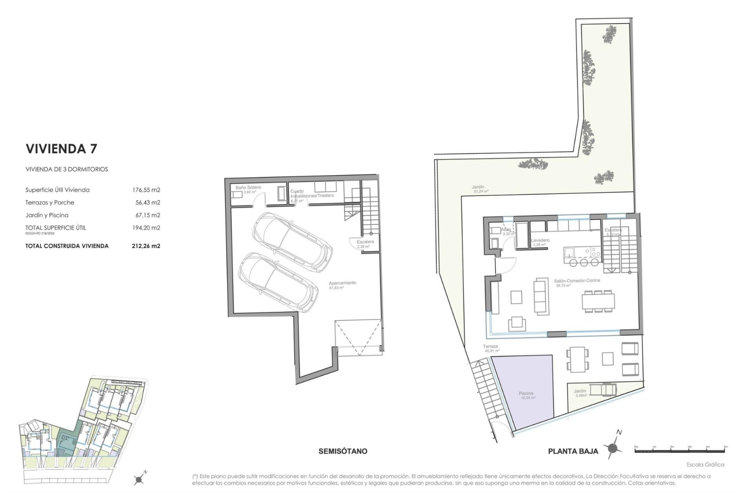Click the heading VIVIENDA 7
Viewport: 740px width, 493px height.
[x=61, y=149]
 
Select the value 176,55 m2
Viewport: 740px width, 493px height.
[x=146, y=190]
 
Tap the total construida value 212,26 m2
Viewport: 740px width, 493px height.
[x=146, y=246]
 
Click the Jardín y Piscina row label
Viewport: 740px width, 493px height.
[x=47, y=215]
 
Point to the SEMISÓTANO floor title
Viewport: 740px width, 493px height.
[x=343, y=451]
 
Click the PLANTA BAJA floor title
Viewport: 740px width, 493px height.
[x=573, y=451]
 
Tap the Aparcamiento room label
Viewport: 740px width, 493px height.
[x=342, y=283]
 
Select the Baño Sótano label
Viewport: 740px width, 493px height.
[x=248, y=188]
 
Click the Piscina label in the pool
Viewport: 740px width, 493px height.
[x=526, y=394]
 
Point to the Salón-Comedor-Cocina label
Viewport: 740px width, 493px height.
[x=577, y=281]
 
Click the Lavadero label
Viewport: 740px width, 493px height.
[x=540, y=240]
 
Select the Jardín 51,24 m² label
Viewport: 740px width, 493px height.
[x=478, y=187]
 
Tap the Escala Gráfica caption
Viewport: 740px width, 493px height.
[x=705, y=464]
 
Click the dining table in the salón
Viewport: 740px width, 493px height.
[x=598, y=301]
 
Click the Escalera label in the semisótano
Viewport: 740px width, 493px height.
[x=365, y=242]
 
